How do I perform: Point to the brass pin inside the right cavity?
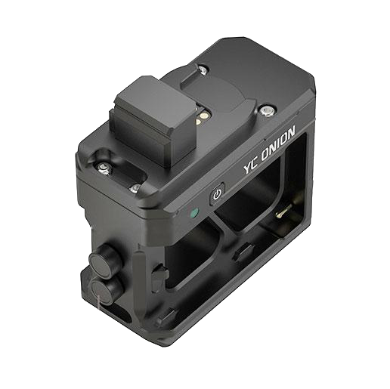pos(283,212)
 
